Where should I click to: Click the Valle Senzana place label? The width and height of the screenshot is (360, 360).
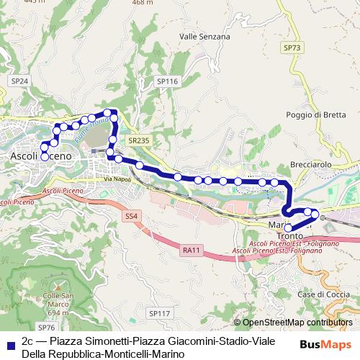204,36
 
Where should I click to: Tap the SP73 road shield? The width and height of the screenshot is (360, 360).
291,47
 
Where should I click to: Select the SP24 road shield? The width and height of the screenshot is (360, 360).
19,81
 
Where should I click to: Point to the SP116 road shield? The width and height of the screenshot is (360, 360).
167,82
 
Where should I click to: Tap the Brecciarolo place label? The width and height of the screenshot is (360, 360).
310,164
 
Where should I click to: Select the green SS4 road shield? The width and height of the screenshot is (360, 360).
131,215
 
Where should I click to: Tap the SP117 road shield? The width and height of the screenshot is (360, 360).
159,313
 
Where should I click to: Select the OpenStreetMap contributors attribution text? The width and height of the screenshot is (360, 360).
297,323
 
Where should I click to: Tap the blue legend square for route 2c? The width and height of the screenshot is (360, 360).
9,341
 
